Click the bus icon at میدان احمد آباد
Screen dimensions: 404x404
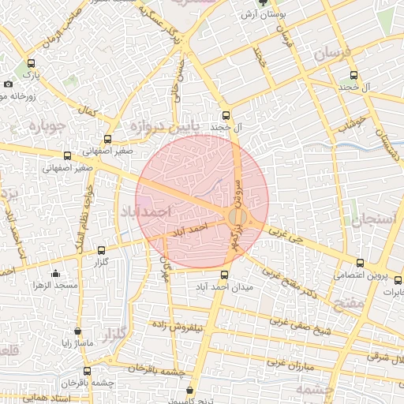tap(226, 275)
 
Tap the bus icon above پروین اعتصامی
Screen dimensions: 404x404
tap(361, 264)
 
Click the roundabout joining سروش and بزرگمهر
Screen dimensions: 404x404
tap(237, 217)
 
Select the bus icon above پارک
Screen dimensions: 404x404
tap(31, 63)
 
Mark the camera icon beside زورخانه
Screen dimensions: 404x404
tap(8, 84)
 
